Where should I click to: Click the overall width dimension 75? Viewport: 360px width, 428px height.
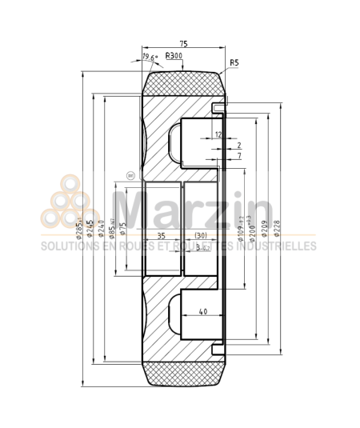(x=183, y=45)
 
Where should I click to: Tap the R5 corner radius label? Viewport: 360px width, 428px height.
(x=234, y=62)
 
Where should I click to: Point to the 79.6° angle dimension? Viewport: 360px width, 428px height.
(x=150, y=58)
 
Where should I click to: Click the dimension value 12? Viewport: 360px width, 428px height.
(x=218, y=134)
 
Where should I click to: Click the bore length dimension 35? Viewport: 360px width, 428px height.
(x=160, y=236)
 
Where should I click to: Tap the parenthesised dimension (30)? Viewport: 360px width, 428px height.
(x=201, y=236)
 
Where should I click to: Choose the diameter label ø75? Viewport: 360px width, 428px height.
(x=122, y=230)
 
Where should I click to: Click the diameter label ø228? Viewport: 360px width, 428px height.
(x=277, y=229)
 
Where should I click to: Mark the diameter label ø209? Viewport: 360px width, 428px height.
(x=264, y=229)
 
